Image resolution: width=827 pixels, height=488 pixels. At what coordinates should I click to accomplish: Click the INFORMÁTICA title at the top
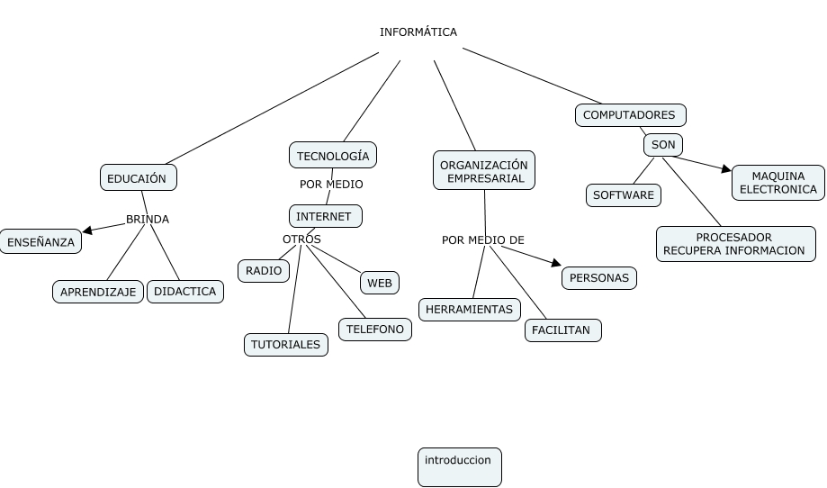point(418,32)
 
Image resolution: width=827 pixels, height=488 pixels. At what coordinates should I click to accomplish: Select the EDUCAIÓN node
point(138,178)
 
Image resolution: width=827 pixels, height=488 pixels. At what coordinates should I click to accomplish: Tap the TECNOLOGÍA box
point(332,156)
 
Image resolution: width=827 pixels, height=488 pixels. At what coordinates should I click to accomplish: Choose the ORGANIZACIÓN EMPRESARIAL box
point(484,171)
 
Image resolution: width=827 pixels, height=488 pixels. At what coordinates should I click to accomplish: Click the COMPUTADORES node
point(630,115)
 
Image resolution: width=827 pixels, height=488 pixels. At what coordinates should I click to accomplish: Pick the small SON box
point(662,145)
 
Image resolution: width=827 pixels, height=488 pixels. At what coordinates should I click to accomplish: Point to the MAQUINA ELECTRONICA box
point(778,183)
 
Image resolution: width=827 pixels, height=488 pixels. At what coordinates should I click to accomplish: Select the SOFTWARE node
point(624,195)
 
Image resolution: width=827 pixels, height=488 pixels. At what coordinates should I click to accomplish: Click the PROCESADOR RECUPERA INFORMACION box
point(735,244)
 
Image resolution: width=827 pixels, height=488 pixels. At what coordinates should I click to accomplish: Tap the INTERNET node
point(325,216)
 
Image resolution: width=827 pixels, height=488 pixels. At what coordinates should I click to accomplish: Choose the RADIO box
point(264,271)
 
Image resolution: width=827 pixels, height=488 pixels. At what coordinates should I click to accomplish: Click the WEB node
point(380,283)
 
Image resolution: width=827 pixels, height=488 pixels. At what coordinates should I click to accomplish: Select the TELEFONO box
point(375,330)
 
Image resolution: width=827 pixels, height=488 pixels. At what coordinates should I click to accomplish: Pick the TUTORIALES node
point(285,345)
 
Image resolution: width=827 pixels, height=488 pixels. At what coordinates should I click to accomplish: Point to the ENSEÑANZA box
point(40,242)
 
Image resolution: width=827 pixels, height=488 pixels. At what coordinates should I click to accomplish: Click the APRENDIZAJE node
point(98,292)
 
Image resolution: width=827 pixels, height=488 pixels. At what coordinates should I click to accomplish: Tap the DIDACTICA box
point(184,292)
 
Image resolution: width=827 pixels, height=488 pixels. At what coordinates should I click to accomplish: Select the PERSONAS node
point(599,278)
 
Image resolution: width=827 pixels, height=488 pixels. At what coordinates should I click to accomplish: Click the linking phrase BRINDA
point(147,219)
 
